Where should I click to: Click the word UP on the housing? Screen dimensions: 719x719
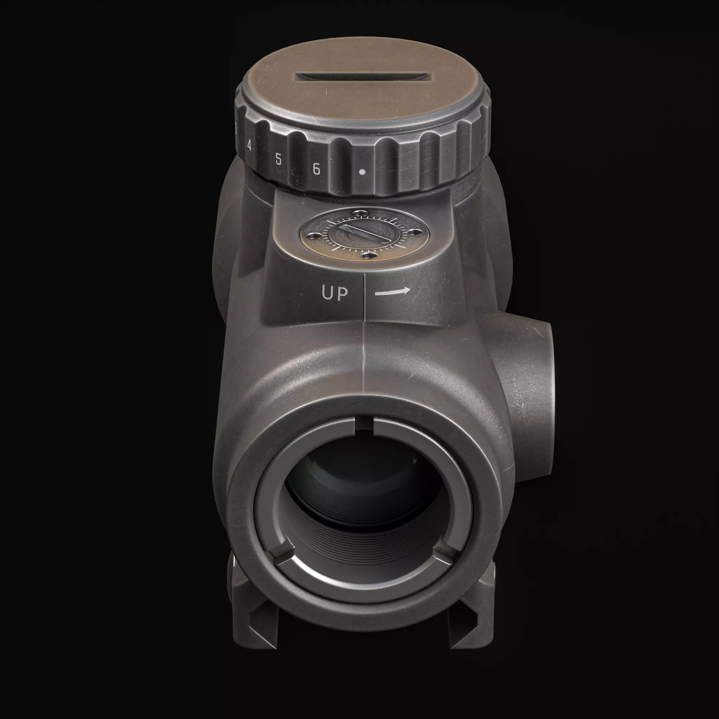(335, 294)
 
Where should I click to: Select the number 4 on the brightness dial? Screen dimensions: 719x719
(249, 146)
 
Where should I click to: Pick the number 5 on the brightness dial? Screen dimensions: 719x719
(278, 159)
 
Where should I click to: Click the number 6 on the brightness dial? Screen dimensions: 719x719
(316, 169)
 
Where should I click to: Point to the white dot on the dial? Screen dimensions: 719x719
(362, 172)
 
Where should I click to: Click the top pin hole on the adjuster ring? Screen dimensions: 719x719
(360, 213)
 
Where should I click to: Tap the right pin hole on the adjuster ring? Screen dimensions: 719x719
(415, 232)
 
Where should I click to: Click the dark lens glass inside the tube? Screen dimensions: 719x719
(357, 484)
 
